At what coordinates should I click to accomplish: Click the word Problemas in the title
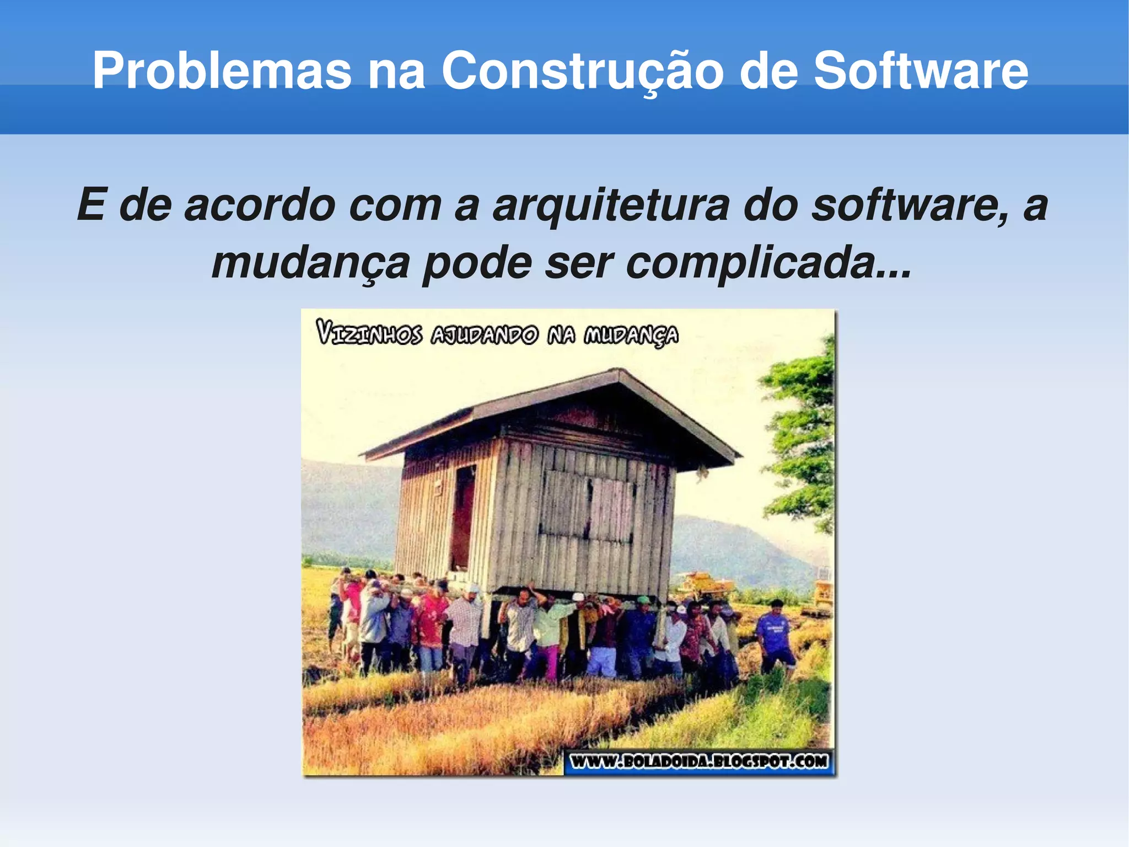222,71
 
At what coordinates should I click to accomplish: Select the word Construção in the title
582,71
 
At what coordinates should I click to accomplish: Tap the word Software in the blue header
921,71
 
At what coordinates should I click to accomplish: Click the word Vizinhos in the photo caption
369,334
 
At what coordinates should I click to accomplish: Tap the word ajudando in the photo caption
484,334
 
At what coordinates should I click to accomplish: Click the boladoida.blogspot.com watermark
699,761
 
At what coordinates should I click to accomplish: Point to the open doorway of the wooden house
463,519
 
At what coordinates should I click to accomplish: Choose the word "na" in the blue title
396,71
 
